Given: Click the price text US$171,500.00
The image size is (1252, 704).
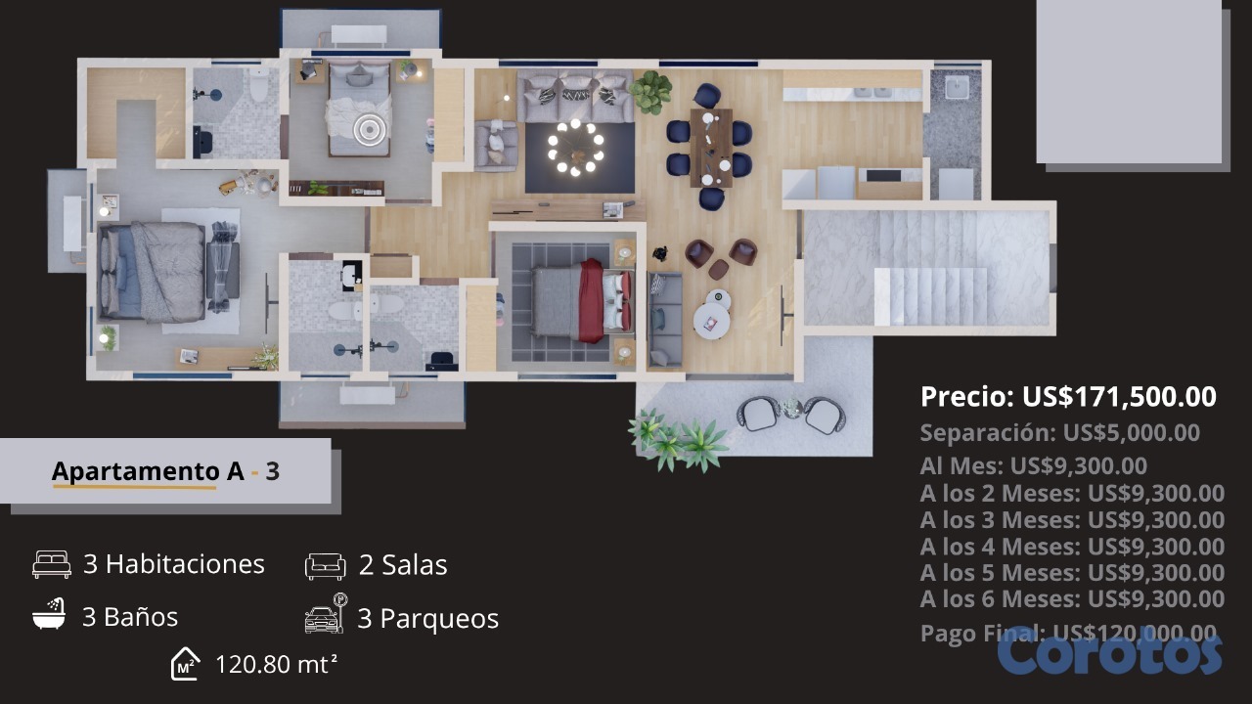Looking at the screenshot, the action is pos(1119,397).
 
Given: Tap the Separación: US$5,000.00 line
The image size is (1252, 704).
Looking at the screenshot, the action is pos(1059,432).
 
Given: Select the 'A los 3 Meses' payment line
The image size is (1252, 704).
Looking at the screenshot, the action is pos(1072,519).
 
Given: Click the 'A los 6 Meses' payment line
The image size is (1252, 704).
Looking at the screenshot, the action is pos(1072,598).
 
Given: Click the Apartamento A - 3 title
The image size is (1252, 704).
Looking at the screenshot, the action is pos(165,471).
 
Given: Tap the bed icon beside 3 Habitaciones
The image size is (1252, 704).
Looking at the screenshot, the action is pos(52,564).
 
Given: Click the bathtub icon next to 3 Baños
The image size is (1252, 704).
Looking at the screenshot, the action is pos(49,614).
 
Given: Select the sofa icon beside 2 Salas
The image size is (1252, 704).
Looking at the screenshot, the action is pos(326,566).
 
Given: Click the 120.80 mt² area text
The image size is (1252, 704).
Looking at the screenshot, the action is pos(276,664).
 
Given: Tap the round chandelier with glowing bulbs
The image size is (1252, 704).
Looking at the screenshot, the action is pos(576,149).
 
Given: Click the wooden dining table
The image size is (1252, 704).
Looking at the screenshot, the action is pos(710,147).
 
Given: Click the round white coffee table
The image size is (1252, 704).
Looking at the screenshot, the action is pos(711,321).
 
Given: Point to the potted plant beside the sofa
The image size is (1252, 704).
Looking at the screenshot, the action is pos(651,92).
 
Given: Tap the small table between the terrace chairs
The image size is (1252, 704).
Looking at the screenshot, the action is pos(791,408).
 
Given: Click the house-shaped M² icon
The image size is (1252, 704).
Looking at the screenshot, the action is pos(185,664).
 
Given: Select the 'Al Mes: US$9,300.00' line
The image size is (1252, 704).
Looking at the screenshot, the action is pos(1034,466).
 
